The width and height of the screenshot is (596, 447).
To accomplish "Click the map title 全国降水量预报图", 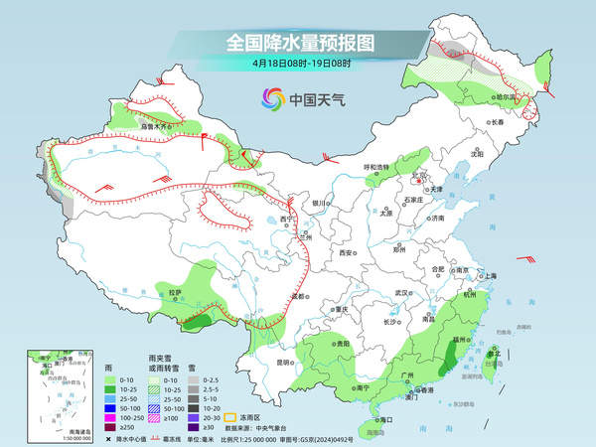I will click(x=299, y=43).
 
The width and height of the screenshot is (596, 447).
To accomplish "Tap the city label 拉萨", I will click(x=175, y=292).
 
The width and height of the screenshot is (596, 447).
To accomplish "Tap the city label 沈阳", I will click(x=477, y=154).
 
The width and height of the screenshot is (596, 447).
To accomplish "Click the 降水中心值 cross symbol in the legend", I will click(x=107, y=439).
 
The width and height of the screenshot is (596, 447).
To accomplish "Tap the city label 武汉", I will click(x=402, y=293).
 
